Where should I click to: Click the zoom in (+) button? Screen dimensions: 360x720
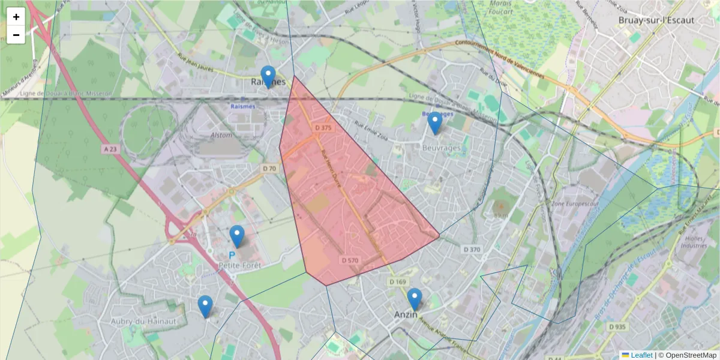pyautogui.click(x=16, y=17)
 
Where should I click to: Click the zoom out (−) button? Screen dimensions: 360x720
pyautogui.click(x=16, y=35)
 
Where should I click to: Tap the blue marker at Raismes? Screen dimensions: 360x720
pyautogui.click(x=268, y=77)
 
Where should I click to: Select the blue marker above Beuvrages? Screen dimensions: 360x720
pyautogui.click(x=435, y=123)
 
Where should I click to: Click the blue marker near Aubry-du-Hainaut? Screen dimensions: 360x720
pyautogui.click(x=205, y=306)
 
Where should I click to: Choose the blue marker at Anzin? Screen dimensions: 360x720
pyautogui.click(x=415, y=299)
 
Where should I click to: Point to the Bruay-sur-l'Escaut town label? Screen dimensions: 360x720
pyautogui.click(x=656, y=20)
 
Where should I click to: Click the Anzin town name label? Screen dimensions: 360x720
pyautogui.click(x=406, y=314)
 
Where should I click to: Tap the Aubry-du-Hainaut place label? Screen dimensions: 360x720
pyautogui.click(x=143, y=322)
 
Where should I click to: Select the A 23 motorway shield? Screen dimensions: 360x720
pyautogui.click(x=109, y=148)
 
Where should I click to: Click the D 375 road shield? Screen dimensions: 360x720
pyautogui.click(x=323, y=128)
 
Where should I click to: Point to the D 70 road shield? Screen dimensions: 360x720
pyautogui.click(x=269, y=169)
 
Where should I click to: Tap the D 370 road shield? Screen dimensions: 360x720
pyautogui.click(x=472, y=249)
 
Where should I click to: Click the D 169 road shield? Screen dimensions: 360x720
pyautogui.click(x=397, y=281)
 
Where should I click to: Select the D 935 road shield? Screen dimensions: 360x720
pyautogui.click(x=617, y=327)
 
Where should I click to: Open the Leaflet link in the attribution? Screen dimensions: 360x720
pyautogui.click(x=641, y=355)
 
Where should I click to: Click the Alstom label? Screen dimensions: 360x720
pyautogui.click(x=221, y=136)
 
